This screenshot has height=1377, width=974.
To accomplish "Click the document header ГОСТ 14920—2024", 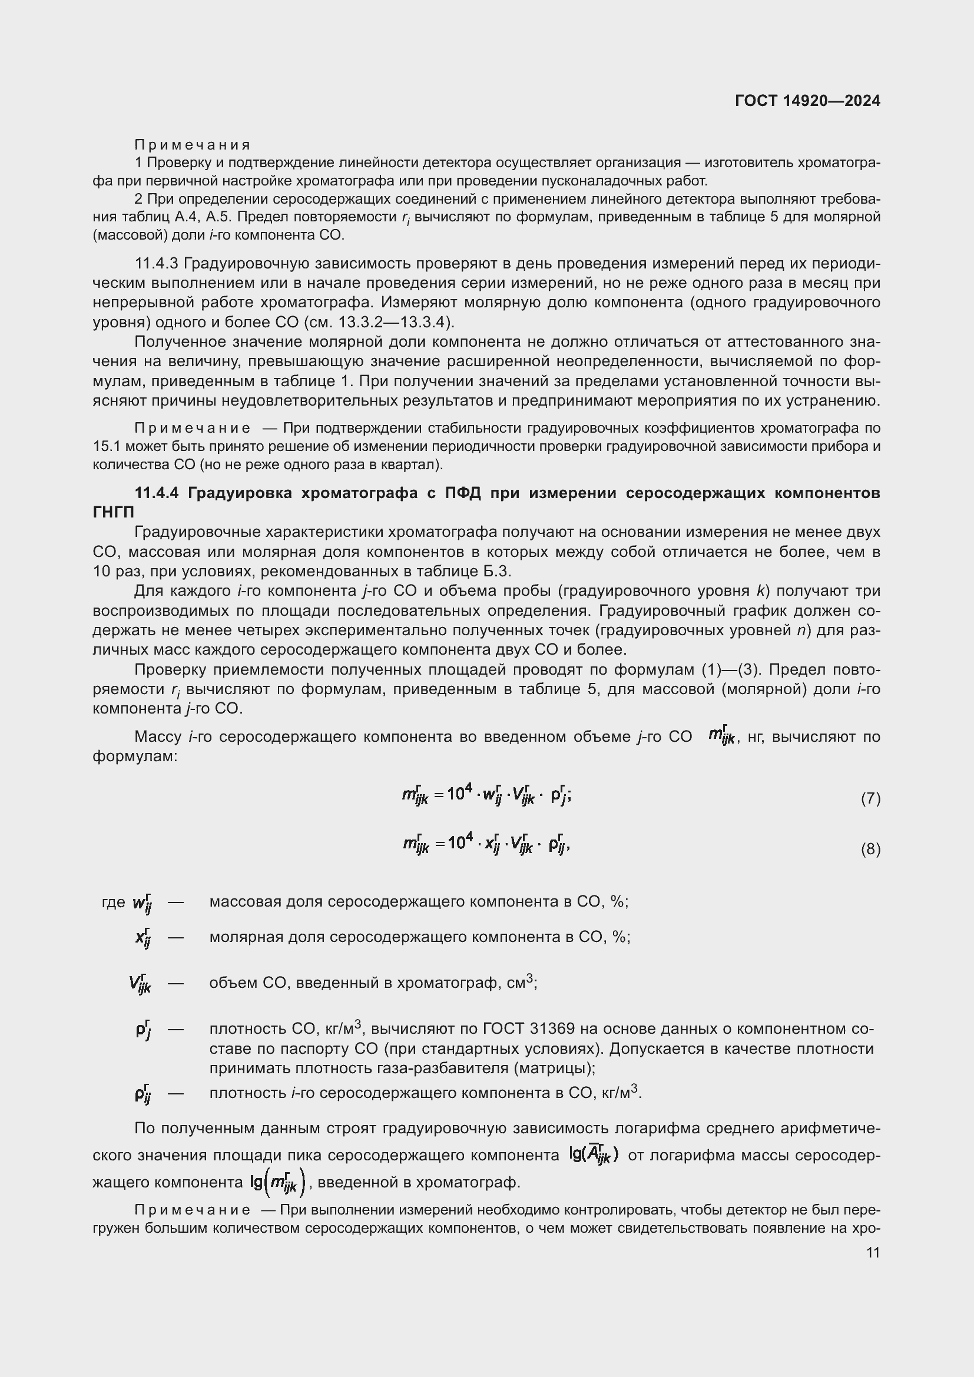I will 807,101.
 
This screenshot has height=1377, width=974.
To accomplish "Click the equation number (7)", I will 870,798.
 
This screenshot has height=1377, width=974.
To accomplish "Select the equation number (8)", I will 870,849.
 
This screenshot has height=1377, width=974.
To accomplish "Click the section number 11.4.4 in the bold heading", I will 157,493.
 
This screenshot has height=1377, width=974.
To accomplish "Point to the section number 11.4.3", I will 157,263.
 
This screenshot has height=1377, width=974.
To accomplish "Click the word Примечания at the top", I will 193,145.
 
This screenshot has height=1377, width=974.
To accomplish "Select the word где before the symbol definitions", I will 114,902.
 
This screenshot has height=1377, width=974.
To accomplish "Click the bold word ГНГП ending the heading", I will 113,512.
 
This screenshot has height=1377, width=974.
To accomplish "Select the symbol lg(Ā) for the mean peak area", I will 594,1154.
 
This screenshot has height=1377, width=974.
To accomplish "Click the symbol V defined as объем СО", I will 139,984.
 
